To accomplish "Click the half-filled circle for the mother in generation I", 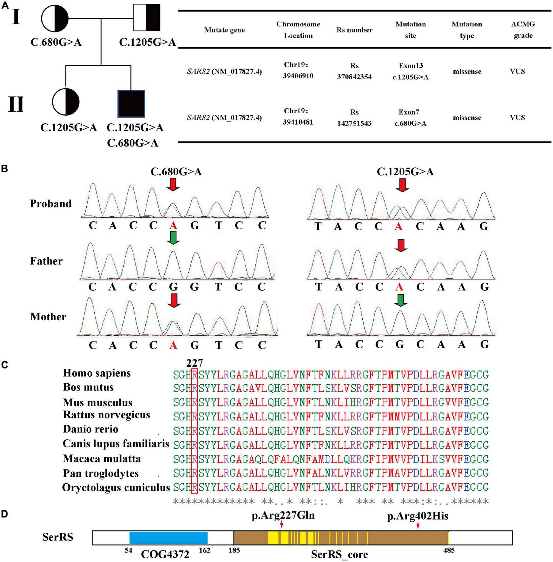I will tap(55, 18).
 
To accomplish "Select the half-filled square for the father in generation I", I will tap(147, 18).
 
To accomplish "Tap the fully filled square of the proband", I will tap(131, 104).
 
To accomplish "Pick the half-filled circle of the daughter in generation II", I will tap(65, 102).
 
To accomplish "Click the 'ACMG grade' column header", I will tap(523, 30).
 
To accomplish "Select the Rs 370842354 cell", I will tap(354, 71).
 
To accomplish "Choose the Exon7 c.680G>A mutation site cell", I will tap(410, 118).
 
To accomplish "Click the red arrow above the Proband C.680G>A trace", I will tap(173, 184).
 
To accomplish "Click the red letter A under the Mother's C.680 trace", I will tap(173, 345).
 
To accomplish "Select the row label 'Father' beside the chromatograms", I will tap(46, 261).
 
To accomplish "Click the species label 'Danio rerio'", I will tap(91, 429).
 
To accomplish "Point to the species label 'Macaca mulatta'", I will tap(102, 459).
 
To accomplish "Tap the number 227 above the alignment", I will tap(194, 363).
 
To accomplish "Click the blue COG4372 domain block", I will tap(168, 538).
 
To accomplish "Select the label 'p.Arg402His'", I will tap(418, 516).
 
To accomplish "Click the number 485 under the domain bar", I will tap(449, 551).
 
